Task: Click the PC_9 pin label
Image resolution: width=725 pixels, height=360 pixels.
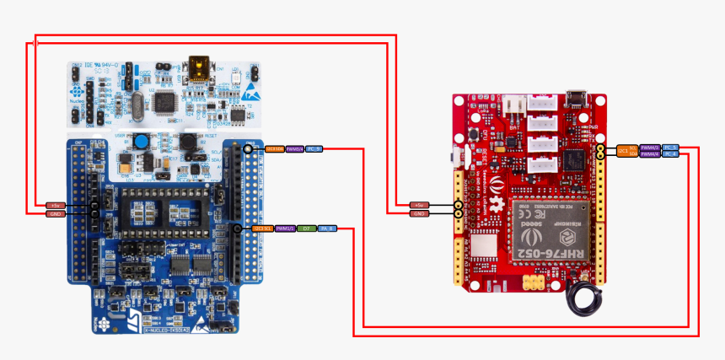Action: point(313,148)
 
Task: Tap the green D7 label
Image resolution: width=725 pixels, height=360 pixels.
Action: point(306,228)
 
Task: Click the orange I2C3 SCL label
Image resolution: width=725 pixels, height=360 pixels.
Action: point(262,228)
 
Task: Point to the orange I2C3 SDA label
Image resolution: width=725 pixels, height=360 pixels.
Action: point(274,148)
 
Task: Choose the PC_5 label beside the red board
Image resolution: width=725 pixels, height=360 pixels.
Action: point(670,147)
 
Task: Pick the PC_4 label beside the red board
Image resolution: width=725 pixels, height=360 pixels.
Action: point(670,154)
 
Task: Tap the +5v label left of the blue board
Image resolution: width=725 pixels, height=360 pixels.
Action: point(56,205)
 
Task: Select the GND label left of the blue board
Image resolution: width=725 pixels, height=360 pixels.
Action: point(56,213)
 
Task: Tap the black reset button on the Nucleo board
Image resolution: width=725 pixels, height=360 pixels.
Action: point(184,142)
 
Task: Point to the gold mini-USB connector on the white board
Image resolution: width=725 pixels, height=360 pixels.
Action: point(200,65)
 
